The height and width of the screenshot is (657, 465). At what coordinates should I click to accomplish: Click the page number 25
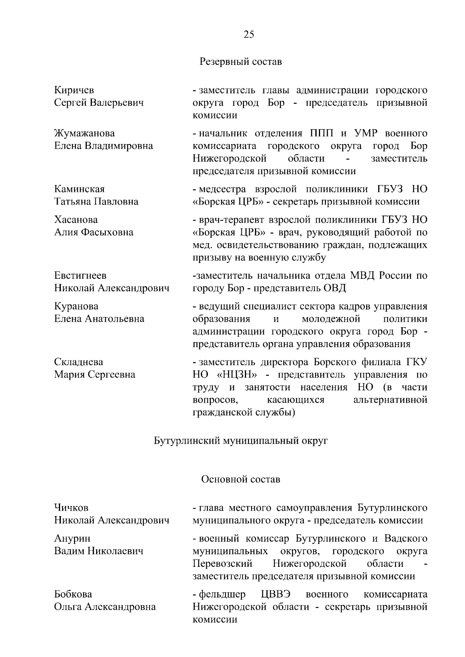coord(249,35)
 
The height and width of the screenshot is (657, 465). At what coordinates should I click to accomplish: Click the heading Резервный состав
coord(241,62)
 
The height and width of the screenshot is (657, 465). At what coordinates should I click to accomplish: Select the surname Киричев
coord(74,90)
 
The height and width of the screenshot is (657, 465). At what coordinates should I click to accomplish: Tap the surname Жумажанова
coord(84,134)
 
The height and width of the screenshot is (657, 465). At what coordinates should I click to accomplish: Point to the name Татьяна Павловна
coord(96,202)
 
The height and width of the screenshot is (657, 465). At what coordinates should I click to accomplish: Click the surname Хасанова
coord(76,220)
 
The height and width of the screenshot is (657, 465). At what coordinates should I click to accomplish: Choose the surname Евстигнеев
coord(80,276)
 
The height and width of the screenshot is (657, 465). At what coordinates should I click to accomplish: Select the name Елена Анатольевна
coord(99,319)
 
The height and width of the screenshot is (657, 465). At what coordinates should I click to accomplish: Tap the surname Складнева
coord(79,362)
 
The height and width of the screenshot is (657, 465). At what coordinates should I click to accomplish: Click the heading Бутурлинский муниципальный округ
coord(241,441)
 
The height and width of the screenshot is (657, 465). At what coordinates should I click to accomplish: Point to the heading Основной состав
coord(240,479)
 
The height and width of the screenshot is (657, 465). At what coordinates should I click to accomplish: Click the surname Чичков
coord(71,508)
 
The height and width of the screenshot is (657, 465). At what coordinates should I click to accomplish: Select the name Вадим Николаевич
coord(99,551)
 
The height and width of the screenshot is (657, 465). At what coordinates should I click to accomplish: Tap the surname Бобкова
coord(73,594)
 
